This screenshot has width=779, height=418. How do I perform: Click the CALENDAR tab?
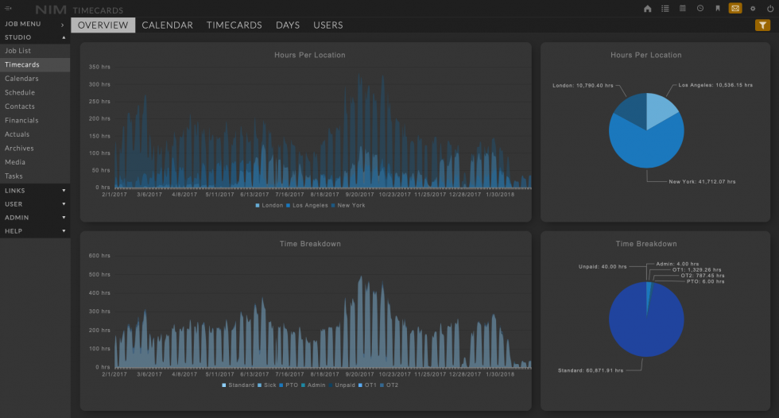[167, 25]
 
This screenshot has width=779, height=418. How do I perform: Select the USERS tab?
[327, 25]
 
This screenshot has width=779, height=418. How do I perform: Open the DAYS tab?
[288, 25]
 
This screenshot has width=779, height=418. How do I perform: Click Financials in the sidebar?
[21, 121]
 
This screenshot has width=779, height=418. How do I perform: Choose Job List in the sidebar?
[18, 51]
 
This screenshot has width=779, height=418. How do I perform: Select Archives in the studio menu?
[19, 149]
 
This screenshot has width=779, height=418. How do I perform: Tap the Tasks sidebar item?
[14, 176]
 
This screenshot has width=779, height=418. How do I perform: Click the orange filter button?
[762, 25]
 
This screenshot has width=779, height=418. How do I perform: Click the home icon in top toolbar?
[647, 9]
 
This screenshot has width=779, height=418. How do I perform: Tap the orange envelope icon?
[735, 9]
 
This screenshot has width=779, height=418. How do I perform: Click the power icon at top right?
[769, 9]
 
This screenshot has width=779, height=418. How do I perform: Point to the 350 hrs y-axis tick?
[100, 67]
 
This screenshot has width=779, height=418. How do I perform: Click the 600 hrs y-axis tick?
[100, 256]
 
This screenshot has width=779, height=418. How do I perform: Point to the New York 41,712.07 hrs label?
[702, 182]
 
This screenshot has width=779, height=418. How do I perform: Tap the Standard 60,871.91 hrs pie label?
[588, 370]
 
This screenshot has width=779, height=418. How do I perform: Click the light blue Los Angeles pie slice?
[661, 110]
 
